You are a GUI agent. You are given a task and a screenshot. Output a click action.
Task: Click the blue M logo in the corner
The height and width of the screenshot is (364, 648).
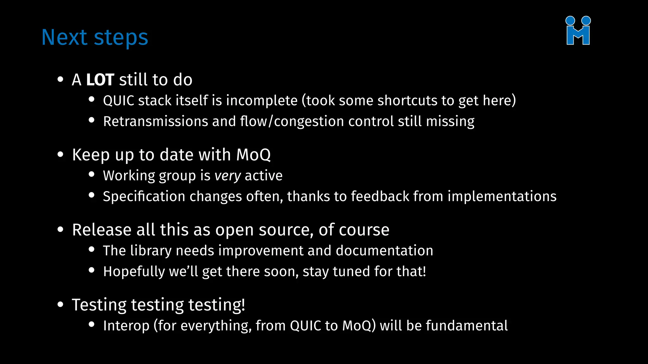(578, 31)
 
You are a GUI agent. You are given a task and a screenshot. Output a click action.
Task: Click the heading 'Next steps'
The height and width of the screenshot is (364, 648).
(95, 38)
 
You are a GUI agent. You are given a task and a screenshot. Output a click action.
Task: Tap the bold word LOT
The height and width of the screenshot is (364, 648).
(100, 80)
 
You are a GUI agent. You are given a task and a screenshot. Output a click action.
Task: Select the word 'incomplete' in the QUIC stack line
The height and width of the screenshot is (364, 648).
(262, 101)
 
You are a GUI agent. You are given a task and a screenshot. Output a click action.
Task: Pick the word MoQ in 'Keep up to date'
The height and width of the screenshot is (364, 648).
(253, 155)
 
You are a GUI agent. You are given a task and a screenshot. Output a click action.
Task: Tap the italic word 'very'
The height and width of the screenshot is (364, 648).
(228, 176)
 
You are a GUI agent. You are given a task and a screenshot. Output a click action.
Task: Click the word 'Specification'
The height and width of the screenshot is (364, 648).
(144, 197)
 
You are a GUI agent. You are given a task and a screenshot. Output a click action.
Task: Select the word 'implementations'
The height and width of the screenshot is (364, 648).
(502, 197)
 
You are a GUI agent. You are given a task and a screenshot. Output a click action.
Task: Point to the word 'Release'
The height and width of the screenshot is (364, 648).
(102, 230)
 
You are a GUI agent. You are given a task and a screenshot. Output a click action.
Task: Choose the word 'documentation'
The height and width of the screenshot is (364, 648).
(384, 251)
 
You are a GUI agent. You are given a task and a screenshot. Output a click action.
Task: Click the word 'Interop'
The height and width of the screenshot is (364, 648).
(126, 326)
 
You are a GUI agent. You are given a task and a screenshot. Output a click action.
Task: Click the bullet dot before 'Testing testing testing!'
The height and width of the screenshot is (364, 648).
(60, 305)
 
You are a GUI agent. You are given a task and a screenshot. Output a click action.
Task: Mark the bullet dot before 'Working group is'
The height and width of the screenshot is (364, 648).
(92, 174)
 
